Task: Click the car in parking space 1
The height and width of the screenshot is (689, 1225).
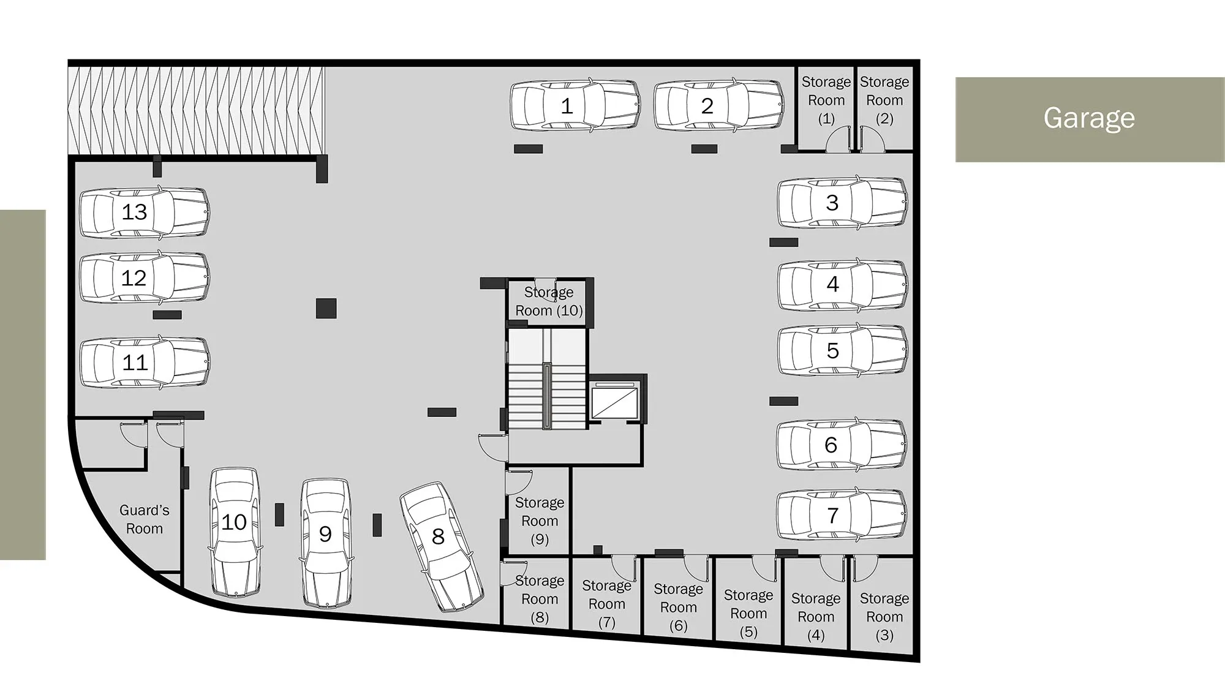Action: coord(575,105)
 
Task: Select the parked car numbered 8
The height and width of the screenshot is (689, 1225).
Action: coord(442,547)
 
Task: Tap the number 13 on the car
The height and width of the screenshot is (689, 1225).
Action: coord(134,212)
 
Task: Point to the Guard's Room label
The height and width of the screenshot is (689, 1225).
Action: coord(145,519)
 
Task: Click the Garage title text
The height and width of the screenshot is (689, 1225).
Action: coord(1089,118)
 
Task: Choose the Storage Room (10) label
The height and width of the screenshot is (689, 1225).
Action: coord(549,301)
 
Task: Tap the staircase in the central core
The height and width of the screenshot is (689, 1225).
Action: coord(547,380)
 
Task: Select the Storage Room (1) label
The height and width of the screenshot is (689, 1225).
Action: coord(826,100)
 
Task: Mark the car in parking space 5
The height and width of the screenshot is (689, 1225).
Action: coord(843,350)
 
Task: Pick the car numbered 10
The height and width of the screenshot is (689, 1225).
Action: coord(235,533)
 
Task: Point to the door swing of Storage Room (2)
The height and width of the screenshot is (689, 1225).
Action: coord(872,138)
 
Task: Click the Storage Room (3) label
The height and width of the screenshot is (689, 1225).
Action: coord(884,616)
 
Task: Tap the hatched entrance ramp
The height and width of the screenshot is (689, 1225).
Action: coord(196,110)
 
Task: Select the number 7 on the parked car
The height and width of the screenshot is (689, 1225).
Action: coord(832,516)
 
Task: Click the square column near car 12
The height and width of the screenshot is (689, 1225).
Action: coord(326,308)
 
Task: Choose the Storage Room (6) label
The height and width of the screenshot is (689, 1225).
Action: coord(678,607)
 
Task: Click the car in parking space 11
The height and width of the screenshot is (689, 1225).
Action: coord(145,362)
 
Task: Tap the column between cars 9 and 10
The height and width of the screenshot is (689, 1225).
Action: coord(279,514)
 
